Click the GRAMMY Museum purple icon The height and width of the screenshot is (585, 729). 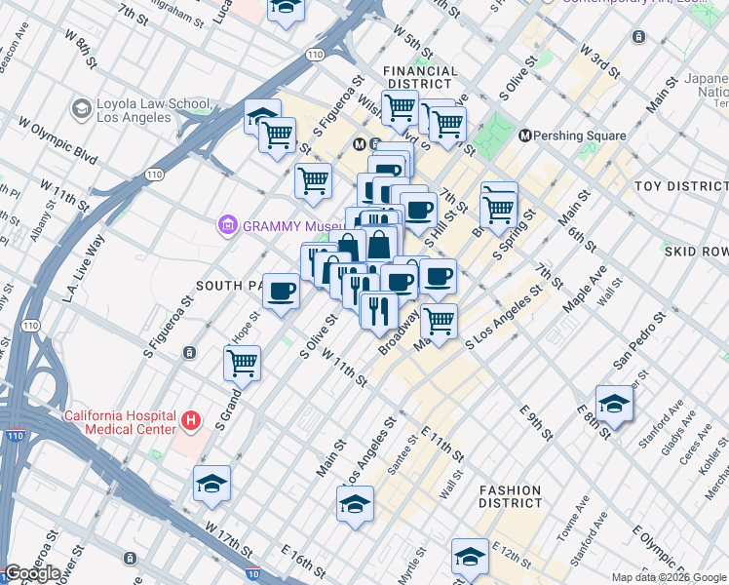tap(228, 226)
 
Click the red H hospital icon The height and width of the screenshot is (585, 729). tap(192, 422)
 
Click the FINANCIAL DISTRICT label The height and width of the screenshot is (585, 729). tap(420, 78)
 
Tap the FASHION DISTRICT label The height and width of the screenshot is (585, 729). tap(510, 497)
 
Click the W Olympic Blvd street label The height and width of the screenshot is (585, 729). tap(58, 142)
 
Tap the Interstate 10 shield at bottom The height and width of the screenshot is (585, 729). tap(253, 577)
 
